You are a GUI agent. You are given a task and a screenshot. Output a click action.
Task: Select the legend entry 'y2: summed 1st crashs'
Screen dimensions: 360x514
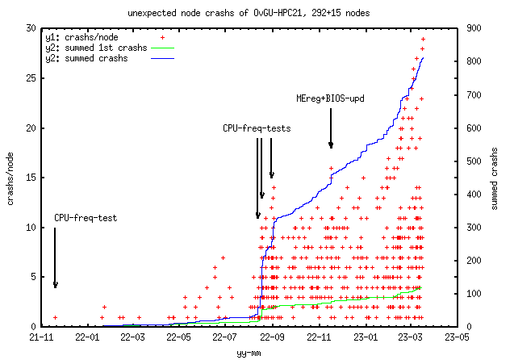pos(96,48)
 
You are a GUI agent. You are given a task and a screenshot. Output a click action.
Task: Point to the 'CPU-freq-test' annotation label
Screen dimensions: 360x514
pos(86,217)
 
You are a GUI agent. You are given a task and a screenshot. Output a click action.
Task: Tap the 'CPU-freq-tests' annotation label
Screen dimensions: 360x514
pos(257,128)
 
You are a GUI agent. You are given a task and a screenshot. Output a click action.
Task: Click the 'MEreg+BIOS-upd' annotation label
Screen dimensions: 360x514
pos(331,98)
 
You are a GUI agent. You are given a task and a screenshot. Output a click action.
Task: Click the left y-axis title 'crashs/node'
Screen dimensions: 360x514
pos(11,177)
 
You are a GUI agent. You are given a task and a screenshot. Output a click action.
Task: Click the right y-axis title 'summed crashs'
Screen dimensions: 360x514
pos(494,177)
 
